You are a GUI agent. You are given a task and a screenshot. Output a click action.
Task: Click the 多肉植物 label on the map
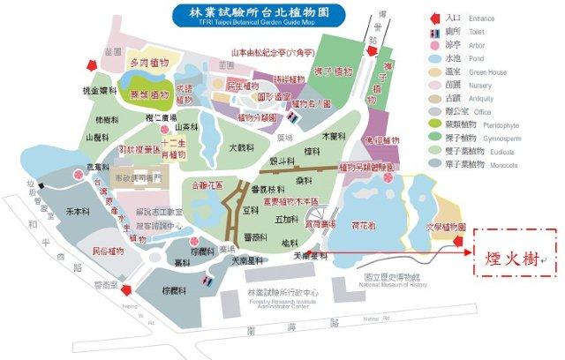pos(147,66)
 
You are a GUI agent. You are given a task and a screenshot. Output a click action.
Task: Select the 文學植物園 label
pos(446,227)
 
